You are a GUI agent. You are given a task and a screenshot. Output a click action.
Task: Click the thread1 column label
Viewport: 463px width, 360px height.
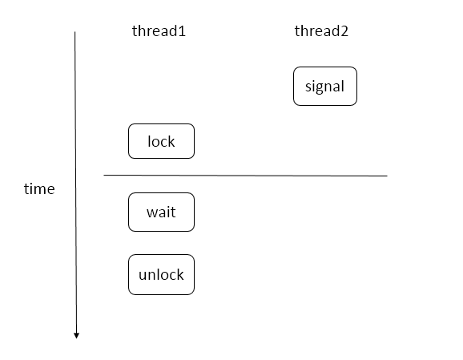coord(159,31)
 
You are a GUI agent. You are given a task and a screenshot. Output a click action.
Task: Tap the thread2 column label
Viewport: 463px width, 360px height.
coord(321,31)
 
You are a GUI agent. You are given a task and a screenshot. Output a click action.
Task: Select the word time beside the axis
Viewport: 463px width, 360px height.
coord(39,189)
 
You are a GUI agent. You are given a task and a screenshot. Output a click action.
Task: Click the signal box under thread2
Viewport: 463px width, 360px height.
coord(325,87)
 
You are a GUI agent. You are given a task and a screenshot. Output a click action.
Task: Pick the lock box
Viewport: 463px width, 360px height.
coord(161,141)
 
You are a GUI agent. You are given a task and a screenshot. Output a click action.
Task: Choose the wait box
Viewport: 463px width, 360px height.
coord(161,212)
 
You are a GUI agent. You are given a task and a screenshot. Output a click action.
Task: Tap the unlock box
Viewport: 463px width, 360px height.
coord(161,274)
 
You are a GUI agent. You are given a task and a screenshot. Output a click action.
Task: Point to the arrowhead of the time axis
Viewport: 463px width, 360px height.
coord(76,336)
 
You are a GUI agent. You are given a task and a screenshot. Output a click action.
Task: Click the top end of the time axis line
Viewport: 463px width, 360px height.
coord(74,31)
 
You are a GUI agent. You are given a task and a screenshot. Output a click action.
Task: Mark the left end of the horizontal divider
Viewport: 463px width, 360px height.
coord(104,176)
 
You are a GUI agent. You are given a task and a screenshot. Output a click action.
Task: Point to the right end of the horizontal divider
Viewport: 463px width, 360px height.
coord(387,176)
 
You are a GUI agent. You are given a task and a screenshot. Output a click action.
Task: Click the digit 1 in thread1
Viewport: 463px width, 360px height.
coord(182,31)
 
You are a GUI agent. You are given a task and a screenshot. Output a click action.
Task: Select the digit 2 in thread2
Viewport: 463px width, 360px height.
coord(344,31)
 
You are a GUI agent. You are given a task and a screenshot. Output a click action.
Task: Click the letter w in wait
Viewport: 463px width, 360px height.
coord(152,212)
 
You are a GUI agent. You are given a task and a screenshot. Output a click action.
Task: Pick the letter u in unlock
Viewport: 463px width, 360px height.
coord(143,276)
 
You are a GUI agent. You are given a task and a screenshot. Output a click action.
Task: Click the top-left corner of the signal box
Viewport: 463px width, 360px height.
coord(294,67)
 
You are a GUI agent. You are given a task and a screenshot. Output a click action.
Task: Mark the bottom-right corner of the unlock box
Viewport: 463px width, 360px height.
coord(194,294)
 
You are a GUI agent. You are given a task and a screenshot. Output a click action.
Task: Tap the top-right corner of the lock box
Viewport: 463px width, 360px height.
coord(194,124)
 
